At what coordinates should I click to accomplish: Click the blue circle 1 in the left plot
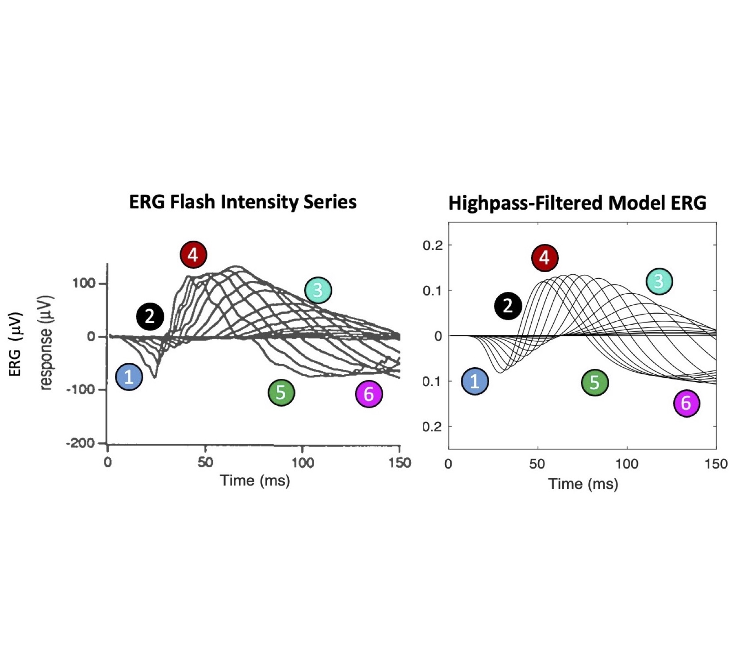pyautogui.click(x=129, y=377)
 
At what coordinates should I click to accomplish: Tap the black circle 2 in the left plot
pyautogui.click(x=150, y=316)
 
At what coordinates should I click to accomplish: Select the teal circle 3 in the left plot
pyautogui.click(x=318, y=290)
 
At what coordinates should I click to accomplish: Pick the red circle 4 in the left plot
pyautogui.click(x=193, y=254)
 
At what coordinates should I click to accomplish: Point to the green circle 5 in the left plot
pyautogui.click(x=281, y=392)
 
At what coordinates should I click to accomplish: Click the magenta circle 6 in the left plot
pyautogui.click(x=369, y=394)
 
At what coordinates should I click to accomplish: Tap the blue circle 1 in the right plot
pyautogui.click(x=475, y=381)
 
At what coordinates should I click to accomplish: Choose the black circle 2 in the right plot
pyautogui.click(x=508, y=306)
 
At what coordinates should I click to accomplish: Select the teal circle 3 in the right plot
pyautogui.click(x=659, y=281)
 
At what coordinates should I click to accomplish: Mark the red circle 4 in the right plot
pyautogui.click(x=544, y=257)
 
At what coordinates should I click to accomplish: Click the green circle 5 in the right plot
pyautogui.click(x=594, y=382)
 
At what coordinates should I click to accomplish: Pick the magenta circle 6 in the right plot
pyautogui.click(x=686, y=403)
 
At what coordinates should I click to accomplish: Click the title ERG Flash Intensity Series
pyautogui.click(x=242, y=202)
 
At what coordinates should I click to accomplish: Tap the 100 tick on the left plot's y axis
pyautogui.click(x=84, y=283)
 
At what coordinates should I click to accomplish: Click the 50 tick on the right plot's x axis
pyautogui.click(x=537, y=464)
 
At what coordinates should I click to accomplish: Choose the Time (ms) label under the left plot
pyautogui.click(x=255, y=480)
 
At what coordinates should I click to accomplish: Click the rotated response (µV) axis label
pyautogui.click(x=46, y=343)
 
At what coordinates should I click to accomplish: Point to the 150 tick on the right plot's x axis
pyautogui.click(x=716, y=464)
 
